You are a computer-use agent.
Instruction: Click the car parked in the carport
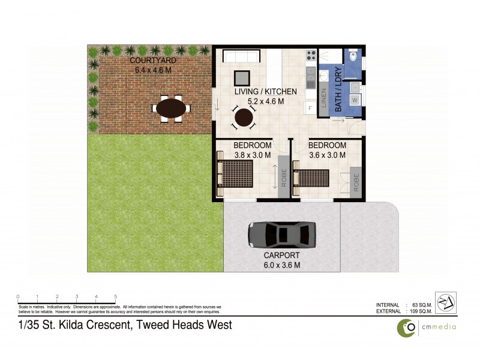(281, 234)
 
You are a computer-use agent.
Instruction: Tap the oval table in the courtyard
(171, 109)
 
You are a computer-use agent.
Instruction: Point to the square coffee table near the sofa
(242, 79)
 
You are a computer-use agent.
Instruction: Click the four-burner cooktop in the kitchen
(311, 56)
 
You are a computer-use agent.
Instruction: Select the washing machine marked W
(355, 99)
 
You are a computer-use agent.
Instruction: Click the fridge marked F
(310, 108)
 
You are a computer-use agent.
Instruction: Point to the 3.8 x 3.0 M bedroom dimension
(252, 155)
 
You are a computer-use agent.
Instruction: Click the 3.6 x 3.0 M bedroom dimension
(327, 155)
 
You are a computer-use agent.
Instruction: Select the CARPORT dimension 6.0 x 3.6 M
(282, 264)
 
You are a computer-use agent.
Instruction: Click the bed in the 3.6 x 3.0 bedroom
(312, 178)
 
